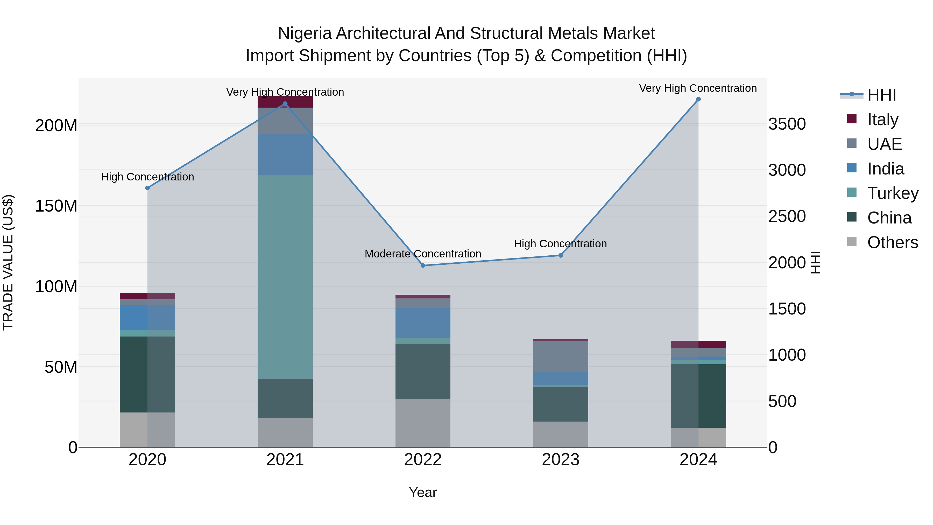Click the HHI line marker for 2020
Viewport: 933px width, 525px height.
pyautogui.click(x=147, y=188)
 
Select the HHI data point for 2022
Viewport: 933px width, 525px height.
pyautogui.click(x=423, y=265)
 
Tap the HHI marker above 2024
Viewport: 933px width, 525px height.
pyautogui.click(x=698, y=99)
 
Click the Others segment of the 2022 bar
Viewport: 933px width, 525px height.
pyautogui.click(x=423, y=423)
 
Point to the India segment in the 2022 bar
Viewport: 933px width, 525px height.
pyautogui.click(x=423, y=323)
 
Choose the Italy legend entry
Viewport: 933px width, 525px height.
pyautogui.click(x=883, y=120)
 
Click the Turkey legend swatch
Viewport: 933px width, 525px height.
pyautogui.click(x=852, y=192)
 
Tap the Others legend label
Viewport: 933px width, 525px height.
pyautogui.click(x=892, y=242)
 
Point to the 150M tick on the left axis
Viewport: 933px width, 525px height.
pyautogui.click(x=56, y=206)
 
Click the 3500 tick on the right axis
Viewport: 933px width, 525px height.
pyautogui.click(x=787, y=124)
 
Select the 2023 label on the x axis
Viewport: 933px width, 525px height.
pyautogui.click(x=560, y=460)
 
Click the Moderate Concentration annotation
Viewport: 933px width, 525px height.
pyautogui.click(x=423, y=254)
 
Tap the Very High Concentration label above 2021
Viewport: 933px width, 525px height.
pyautogui.click(x=285, y=92)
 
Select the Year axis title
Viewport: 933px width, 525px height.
pyautogui.click(x=423, y=492)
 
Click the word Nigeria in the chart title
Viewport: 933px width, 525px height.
pyautogui.click(x=305, y=33)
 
